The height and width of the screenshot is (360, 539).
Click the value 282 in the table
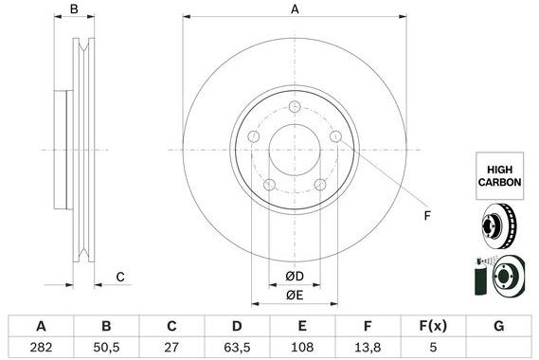[40, 347]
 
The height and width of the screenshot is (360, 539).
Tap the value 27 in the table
[172, 347]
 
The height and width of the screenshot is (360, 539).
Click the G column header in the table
[498, 326]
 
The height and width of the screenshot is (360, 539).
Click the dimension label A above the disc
[295, 9]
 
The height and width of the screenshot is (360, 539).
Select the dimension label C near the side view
[120, 277]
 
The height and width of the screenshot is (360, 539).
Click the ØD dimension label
[295, 276]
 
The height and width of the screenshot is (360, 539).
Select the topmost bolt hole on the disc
[295, 106]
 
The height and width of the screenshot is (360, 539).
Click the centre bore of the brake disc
[295, 151]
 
